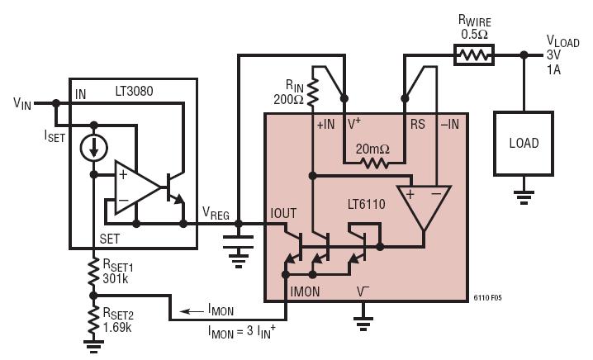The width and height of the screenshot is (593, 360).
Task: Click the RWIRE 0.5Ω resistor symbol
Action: (474, 55)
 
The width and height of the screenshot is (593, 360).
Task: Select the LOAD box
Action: (524, 144)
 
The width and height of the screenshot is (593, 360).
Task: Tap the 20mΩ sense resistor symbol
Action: (374, 163)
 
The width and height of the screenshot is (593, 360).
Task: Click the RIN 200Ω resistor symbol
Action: (313, 92)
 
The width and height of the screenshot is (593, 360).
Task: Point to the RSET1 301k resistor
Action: (93, 272)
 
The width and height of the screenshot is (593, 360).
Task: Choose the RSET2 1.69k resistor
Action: (93, 320)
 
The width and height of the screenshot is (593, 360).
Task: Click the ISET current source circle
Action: (94, 148)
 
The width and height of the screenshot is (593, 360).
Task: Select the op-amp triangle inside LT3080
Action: (138, 187)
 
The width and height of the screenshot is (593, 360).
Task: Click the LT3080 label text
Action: (134, 91)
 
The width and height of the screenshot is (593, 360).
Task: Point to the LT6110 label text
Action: (367, 204)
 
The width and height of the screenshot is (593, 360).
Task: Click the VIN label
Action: (22, 103)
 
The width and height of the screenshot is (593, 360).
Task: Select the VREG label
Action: (216, 213)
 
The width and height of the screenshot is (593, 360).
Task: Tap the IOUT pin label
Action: (283, 214)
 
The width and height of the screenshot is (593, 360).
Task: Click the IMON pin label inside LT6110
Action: (306, 291)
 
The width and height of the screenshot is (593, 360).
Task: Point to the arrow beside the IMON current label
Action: (192, 311)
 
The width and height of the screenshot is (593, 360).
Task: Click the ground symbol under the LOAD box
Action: (524, 197)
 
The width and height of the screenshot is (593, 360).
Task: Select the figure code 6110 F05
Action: (487, 297)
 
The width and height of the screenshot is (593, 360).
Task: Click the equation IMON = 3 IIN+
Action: (241, 331)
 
